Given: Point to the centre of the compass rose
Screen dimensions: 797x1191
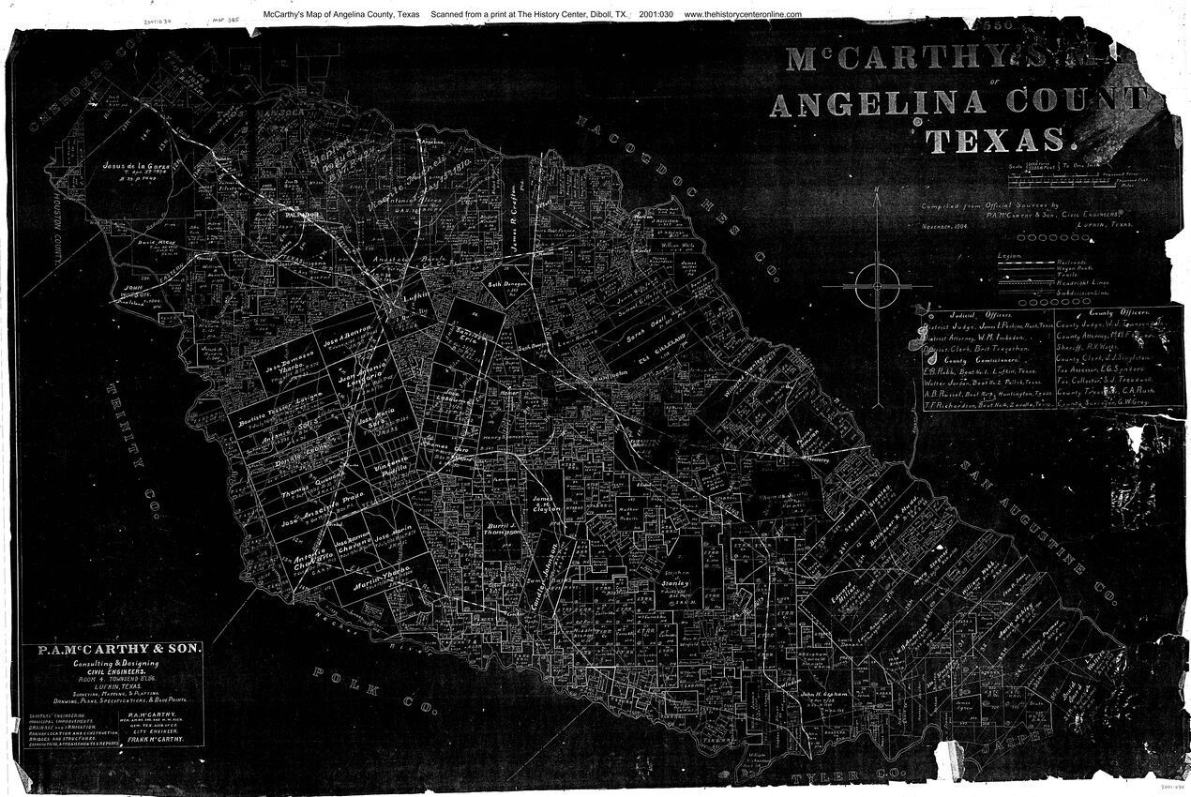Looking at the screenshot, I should pos(877,285).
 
